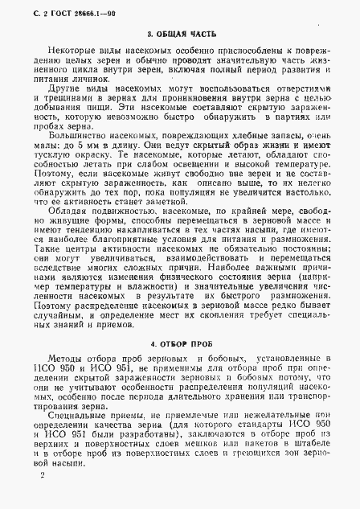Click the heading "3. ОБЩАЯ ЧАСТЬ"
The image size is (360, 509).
coord(180,35)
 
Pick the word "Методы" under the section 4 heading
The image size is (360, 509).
coord(57,347)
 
